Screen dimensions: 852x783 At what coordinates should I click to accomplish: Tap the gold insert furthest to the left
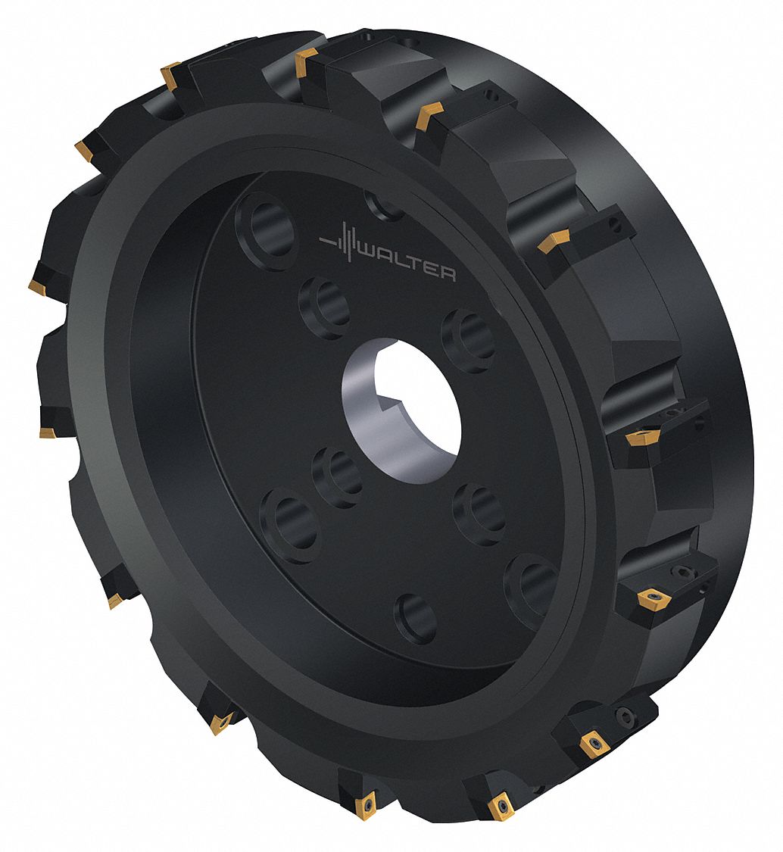(38, 286)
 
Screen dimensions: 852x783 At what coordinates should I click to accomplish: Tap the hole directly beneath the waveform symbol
(326, 307)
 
